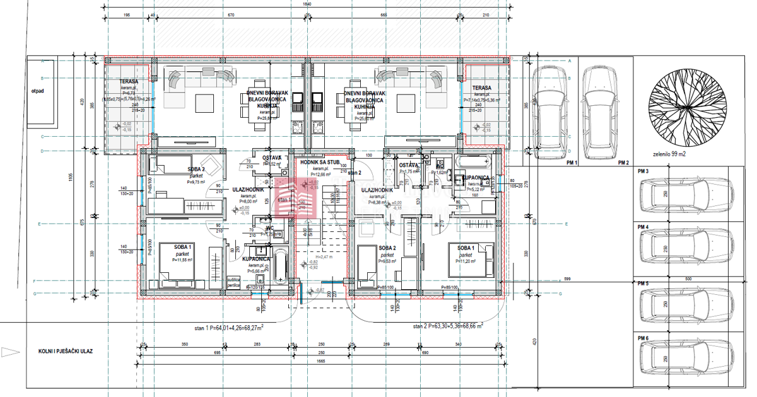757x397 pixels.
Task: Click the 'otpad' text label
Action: click(37, 90)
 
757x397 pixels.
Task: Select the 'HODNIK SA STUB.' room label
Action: click(320, 162)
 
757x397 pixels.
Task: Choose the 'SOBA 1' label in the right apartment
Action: click(466, 247)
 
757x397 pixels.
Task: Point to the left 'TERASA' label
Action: click(120, 84)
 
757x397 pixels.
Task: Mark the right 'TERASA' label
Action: click(481, 88)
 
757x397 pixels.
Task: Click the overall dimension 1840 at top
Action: click(307, 4)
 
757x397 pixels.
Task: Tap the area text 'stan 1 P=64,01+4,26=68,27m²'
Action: click(229, 328)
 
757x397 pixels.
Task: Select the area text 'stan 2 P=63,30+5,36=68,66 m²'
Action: click(449, 326)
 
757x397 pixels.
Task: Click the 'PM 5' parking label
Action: click(643, 284)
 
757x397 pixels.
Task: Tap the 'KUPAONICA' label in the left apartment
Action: click(256, 259)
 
